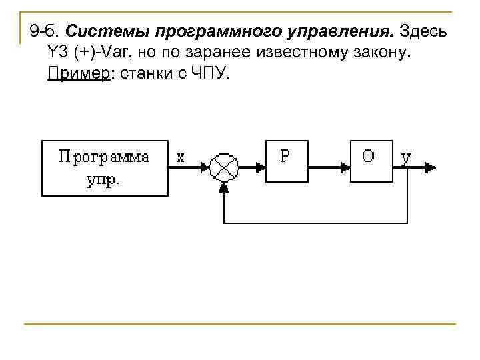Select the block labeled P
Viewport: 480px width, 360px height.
(287, 161)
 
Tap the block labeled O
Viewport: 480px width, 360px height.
(371, 161)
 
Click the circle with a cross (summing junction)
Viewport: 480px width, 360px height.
(223, 167)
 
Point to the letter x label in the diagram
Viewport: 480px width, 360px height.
(181, 157)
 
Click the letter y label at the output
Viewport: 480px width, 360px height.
(406, 157)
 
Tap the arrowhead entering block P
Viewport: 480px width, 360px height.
(261, 167)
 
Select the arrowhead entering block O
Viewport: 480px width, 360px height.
(345, 167)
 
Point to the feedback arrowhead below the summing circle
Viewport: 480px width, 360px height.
(223, 187)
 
